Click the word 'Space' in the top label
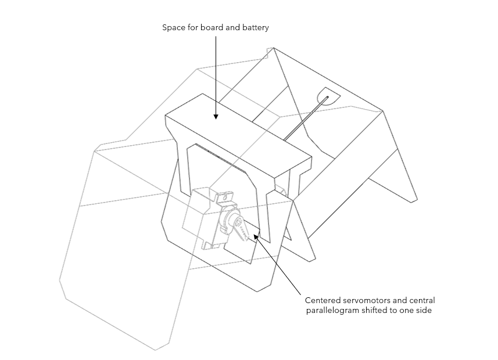pyautogui.click(x=173, y=28)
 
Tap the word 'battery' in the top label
pyautogui.click(x=255, y=28)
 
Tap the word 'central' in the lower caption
pyautogui.click(x=421, y=300)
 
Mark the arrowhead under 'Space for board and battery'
pyautogui.click(x=216, y=116)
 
